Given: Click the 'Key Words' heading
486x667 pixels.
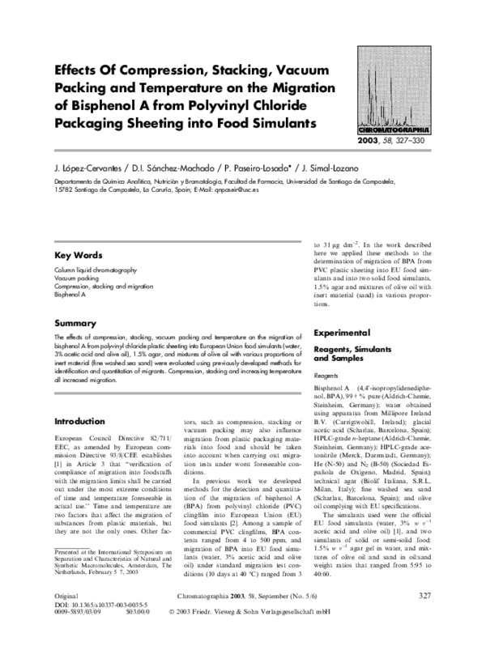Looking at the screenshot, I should click(x=77, y=255).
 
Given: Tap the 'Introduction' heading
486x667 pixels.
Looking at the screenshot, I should click(x=82, y=422).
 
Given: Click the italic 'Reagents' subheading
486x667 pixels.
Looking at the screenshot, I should click(x=326, y=376).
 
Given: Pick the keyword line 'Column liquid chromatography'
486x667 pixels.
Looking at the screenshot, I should click(x=96, y=269).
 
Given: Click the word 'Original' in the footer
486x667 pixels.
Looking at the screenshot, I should click(x=66, y=618).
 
